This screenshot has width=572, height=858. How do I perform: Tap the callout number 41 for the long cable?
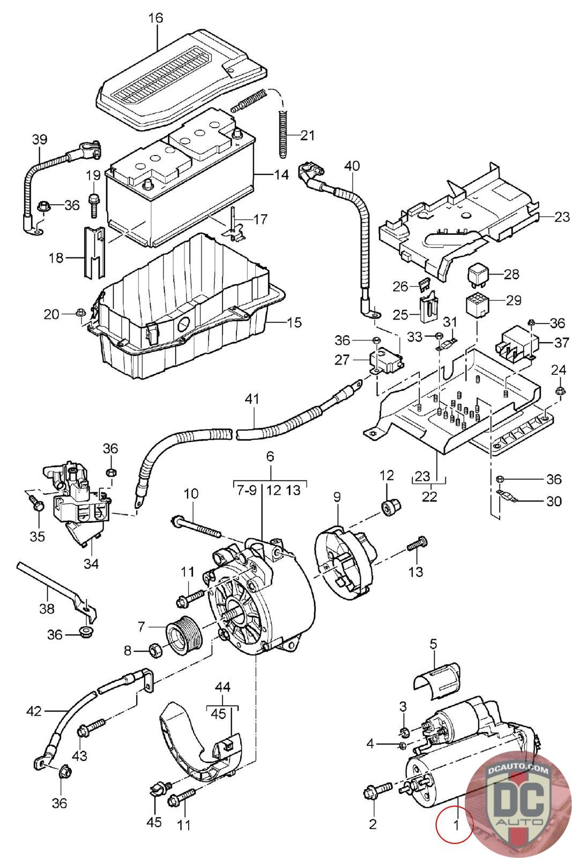click(252, 399)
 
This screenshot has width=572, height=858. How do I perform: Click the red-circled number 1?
click(456, 825)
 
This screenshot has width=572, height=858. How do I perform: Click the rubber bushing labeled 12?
click(391, 506)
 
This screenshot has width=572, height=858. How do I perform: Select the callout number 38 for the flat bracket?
click(47, 608)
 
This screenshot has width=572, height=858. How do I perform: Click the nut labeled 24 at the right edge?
click(560, 389)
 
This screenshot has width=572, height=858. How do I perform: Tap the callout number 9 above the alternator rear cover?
click(337, 497)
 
